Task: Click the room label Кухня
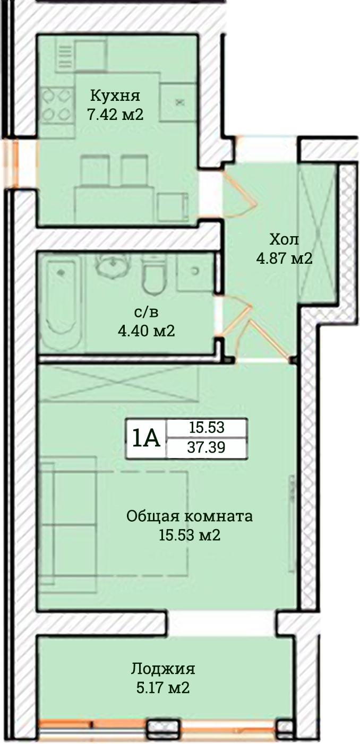(115, 96)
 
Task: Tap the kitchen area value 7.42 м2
(115, 115)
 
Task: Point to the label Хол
(284, 239)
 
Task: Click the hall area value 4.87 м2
(284, 258)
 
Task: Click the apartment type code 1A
(146, 438)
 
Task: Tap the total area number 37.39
(207, 447)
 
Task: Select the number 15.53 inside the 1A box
(207, 428)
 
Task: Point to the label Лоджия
(163, 669)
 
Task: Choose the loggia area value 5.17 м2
(163, 687)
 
